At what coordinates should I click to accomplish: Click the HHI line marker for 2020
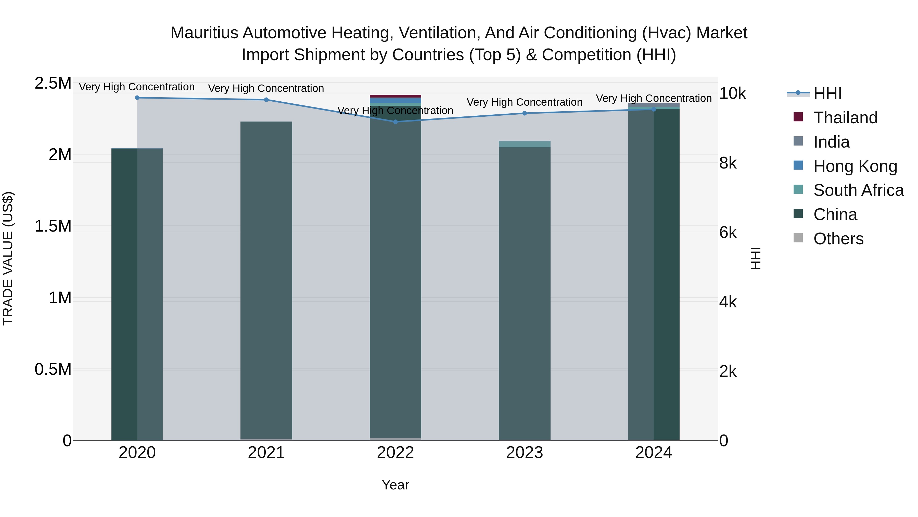137,98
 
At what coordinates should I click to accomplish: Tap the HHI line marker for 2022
395,122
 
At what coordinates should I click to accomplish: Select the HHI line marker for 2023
524,113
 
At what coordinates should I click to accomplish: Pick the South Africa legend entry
858,190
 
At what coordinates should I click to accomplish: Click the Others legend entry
838,239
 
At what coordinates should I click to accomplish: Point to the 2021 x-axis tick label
266,453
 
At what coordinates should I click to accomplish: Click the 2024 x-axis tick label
654,453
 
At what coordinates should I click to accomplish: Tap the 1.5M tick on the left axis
53,226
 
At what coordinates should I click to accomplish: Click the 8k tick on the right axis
728,163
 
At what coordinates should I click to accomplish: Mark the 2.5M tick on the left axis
53,83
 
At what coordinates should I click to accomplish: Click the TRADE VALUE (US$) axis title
8,258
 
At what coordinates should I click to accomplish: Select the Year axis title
395,485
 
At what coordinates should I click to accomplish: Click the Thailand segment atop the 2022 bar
395,96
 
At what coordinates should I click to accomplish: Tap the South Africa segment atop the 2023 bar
524,144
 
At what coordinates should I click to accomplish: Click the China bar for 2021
266,278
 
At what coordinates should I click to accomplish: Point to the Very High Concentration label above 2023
524,102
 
